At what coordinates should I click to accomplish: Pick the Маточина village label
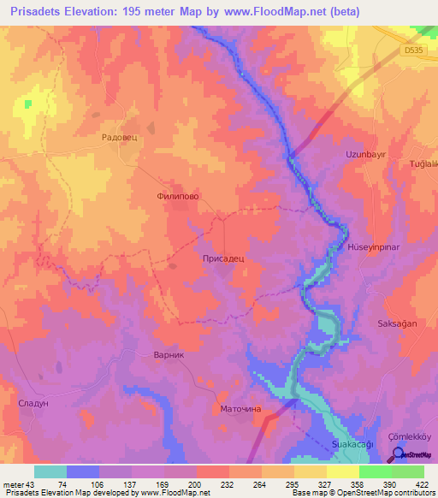[x=240, y=409]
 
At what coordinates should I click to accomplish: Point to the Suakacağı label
[x=353, y=446]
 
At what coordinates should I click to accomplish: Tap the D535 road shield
[x=414, y=52]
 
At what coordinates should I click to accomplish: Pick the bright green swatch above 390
[x=376, y=471]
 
